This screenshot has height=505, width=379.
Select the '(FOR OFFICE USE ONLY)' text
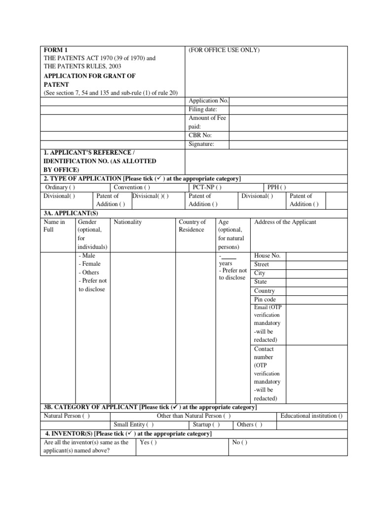pos(224,50)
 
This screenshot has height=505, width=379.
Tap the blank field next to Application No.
pos(288,101)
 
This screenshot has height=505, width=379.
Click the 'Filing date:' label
pos(203,109)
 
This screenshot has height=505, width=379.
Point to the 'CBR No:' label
pos(200,135)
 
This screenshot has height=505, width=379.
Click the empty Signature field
pos(288,144)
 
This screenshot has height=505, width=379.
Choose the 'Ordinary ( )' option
pos(60,187)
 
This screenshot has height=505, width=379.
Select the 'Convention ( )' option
pos(132,187)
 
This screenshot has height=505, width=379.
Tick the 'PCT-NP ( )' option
pos(205,187)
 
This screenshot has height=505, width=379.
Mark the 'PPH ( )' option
pos(277,187)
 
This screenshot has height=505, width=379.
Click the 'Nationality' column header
pos(128,222)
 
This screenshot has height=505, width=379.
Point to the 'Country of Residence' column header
pos(192,226)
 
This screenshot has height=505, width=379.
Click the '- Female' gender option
pos(89,264)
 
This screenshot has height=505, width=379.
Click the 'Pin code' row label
pos(265,299)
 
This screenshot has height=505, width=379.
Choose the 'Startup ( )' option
pos(206,425)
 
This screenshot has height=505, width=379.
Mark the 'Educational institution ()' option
pos(311,416)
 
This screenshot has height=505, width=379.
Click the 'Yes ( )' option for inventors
pos(149,442)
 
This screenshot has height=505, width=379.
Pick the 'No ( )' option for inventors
pos(240,442)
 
